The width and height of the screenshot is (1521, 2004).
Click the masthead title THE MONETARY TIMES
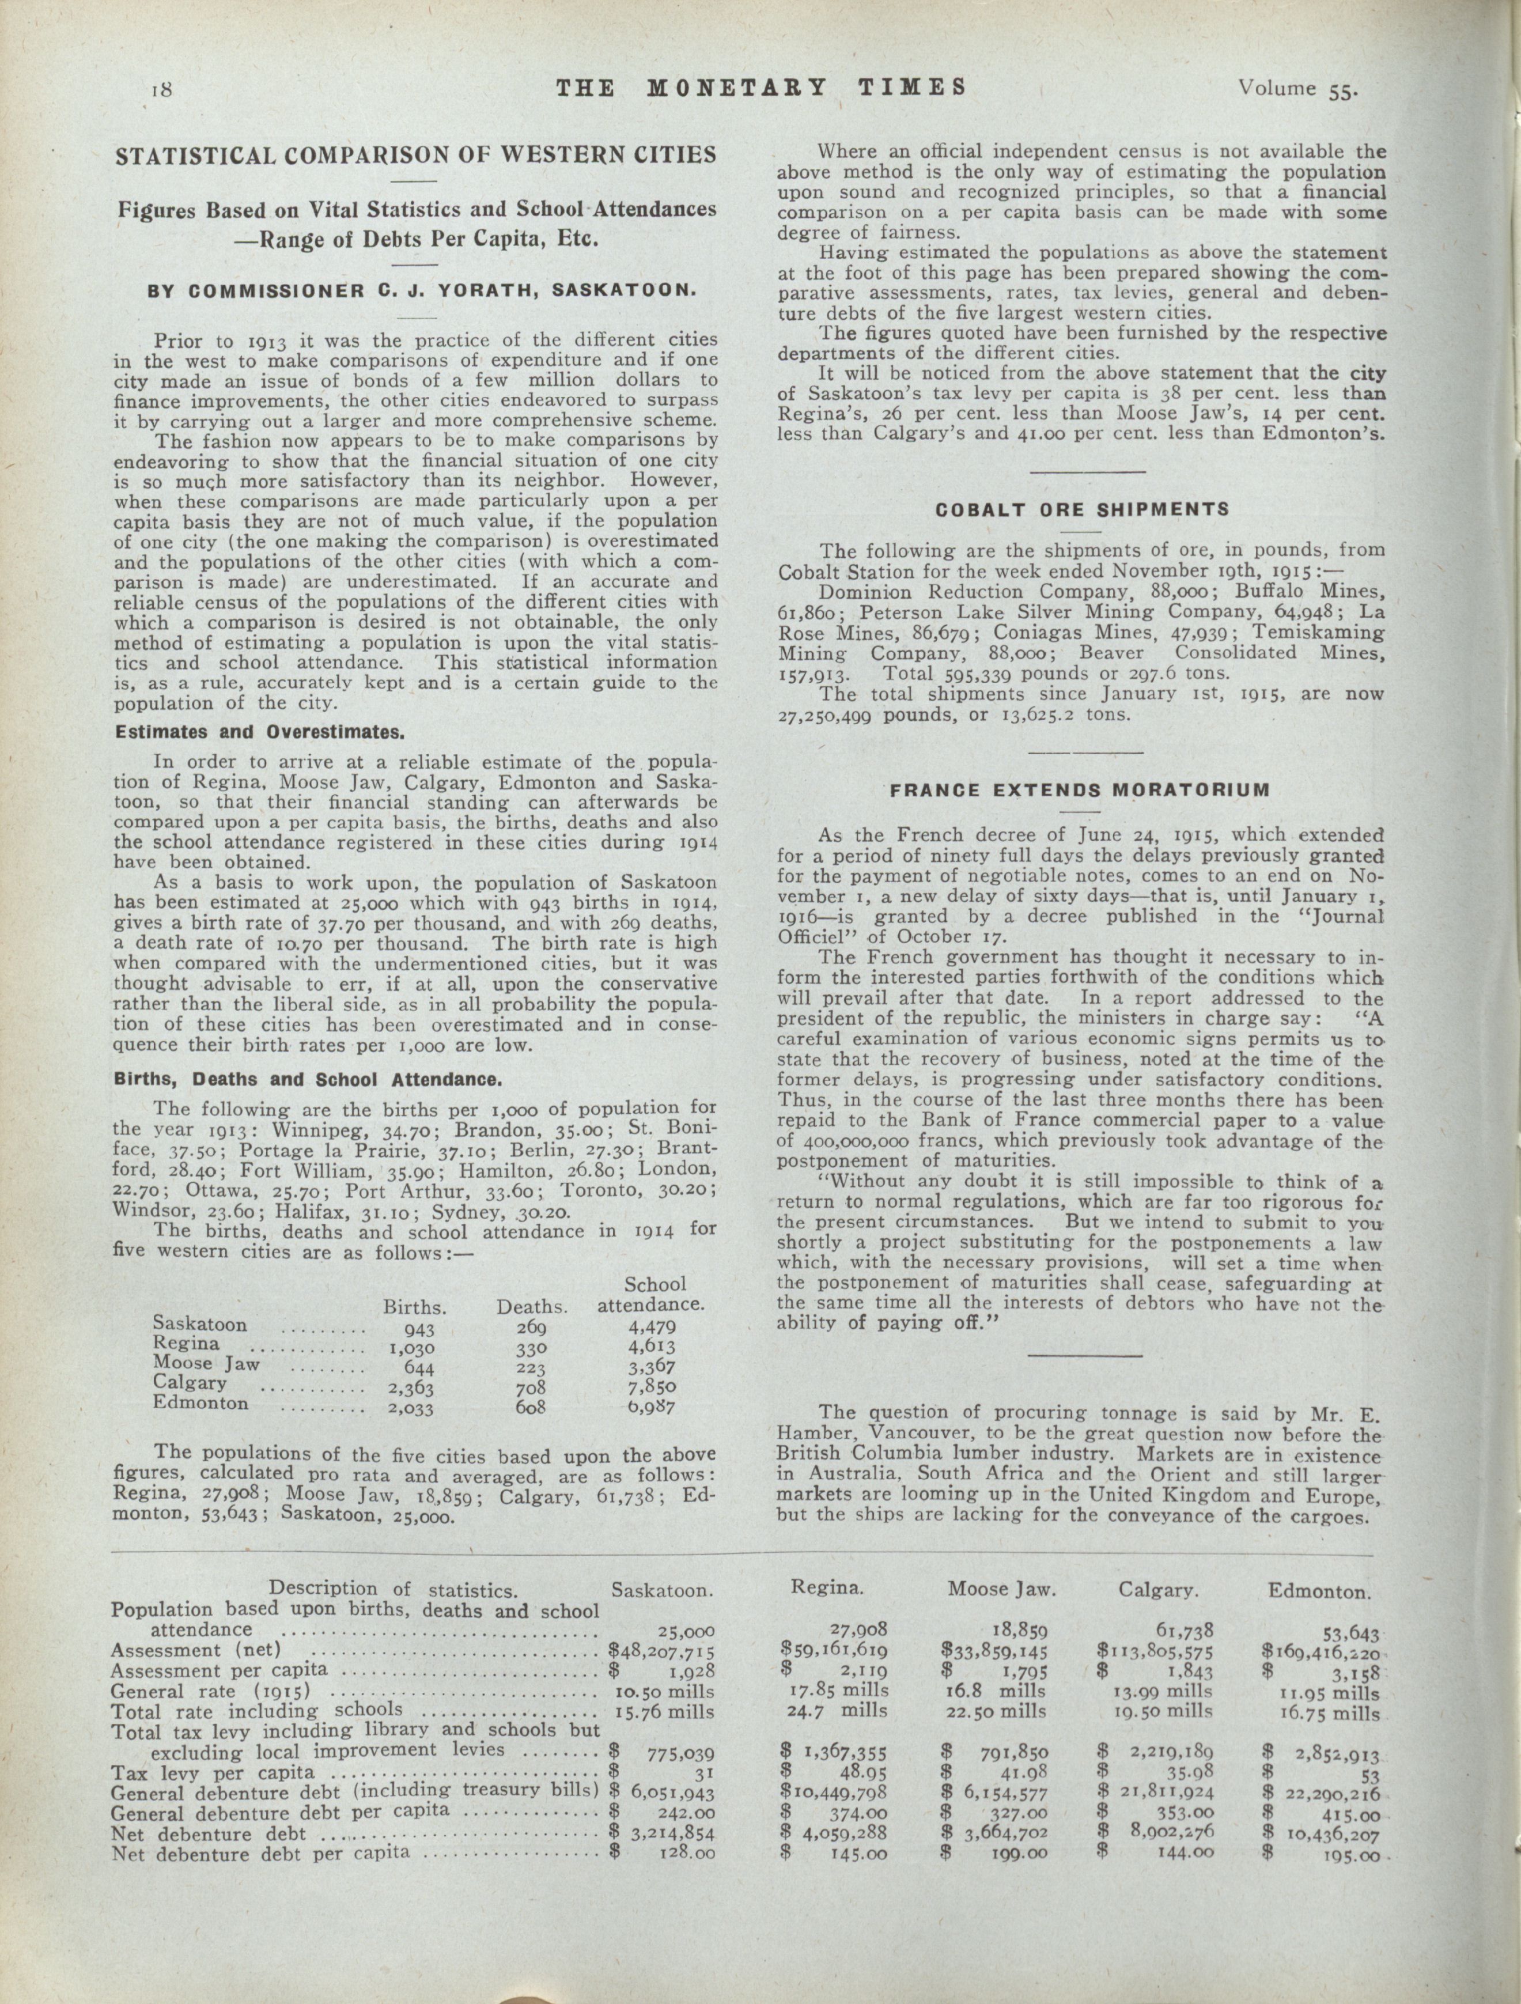pyautogui.click(x=760, y=88)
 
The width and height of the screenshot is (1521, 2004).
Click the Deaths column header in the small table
pyautogui.click(x=532, y=1307)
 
